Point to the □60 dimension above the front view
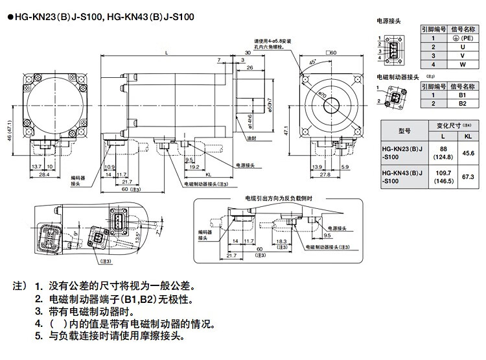[332, 52]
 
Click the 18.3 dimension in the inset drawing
[281, 241]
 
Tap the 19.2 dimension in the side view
[193, 167]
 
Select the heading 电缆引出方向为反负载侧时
[279, 198]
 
